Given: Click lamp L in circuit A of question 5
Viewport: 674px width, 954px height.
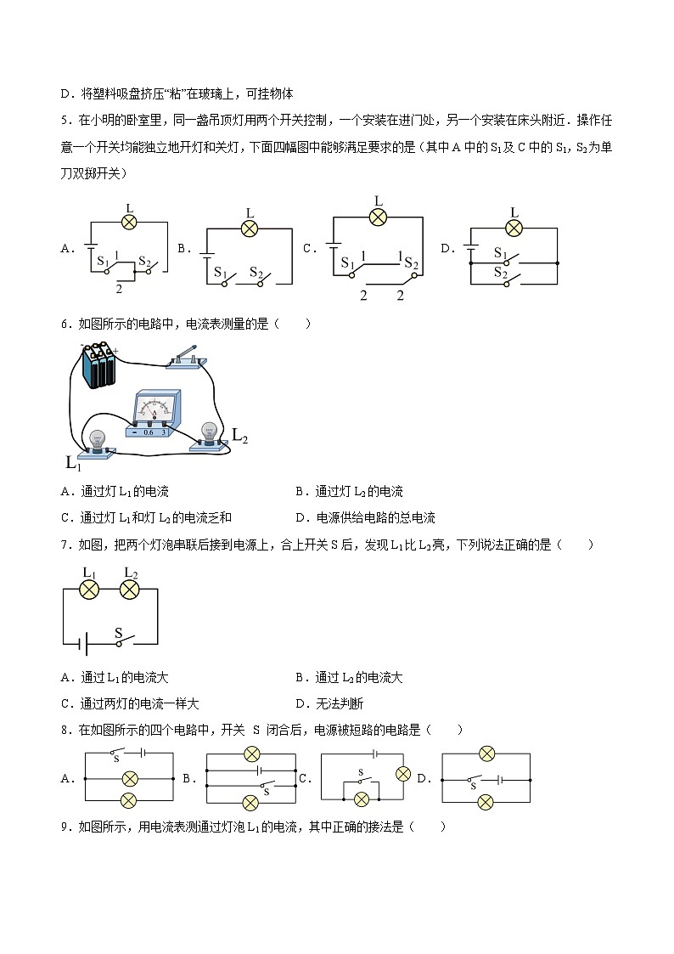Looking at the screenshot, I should click(129, 222).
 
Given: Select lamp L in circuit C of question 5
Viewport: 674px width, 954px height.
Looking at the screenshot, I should click(379, 217).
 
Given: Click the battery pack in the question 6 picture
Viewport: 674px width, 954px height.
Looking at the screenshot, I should click(99, 365).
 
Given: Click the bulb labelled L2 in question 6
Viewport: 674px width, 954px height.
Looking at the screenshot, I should click(208, 434).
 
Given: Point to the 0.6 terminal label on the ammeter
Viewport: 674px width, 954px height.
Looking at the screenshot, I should click(149, 432).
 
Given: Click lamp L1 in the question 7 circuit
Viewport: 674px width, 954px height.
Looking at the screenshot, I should click(90, 589).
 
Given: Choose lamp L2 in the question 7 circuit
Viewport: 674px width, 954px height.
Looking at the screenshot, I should click(129, 589).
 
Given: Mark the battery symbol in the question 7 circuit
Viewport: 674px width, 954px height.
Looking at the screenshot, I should click(82, 645).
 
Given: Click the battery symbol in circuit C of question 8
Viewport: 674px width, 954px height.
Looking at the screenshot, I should click(374, 754).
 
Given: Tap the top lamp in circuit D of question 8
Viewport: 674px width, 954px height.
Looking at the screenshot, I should click(486, 754).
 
